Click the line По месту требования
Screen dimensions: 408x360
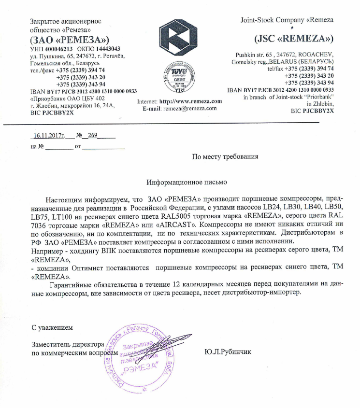point(226,156)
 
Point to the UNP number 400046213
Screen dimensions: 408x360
point(58,49)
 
